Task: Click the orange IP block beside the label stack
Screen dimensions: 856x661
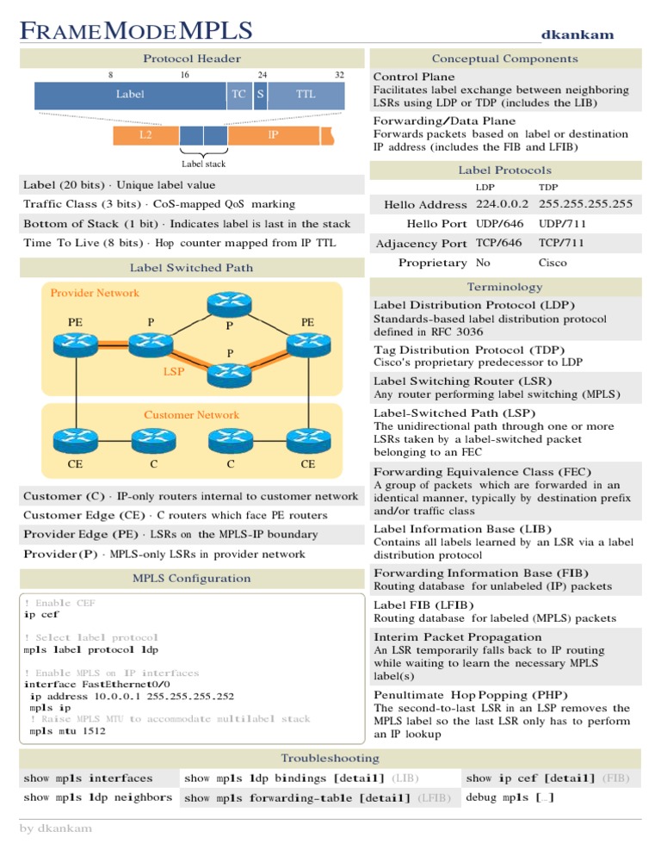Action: [273, 135]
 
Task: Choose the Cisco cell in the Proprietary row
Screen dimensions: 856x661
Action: [553, 263]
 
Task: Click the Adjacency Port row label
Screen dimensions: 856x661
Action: [422, 244]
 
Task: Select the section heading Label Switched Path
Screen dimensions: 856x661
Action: [191, 267]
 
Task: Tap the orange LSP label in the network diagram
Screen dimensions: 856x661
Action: [174, 372]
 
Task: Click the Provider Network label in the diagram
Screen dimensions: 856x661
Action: [95, 293]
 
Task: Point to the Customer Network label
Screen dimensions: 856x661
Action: [191, 415]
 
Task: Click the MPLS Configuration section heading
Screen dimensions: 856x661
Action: [191, 578]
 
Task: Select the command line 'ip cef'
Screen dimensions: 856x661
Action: [41, 615]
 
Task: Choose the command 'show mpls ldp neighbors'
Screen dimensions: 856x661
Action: [98, 797]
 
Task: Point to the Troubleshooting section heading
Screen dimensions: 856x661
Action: [330, 758]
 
